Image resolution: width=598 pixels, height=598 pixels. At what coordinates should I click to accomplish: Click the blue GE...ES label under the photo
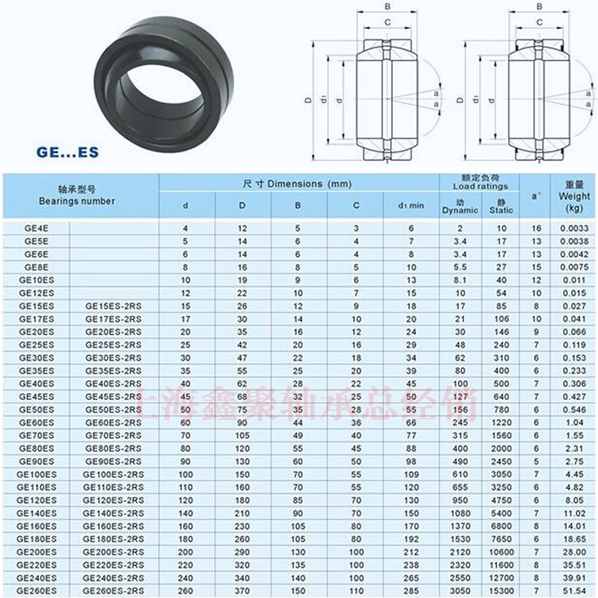[x=67, y=151]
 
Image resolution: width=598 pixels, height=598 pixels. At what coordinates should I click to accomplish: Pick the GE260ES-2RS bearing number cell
[x=112, y=591]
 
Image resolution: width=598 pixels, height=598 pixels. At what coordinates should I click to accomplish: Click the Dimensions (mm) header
[x=297, y=183]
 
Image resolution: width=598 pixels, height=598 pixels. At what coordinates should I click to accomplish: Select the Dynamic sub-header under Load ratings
[x=459, y=207]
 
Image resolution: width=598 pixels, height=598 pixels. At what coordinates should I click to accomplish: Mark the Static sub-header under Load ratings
[x=501, y=207]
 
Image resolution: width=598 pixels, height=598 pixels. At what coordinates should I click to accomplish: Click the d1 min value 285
[x=410, y=591]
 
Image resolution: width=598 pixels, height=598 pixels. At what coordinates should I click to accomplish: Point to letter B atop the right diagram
[x=540, y=7]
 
